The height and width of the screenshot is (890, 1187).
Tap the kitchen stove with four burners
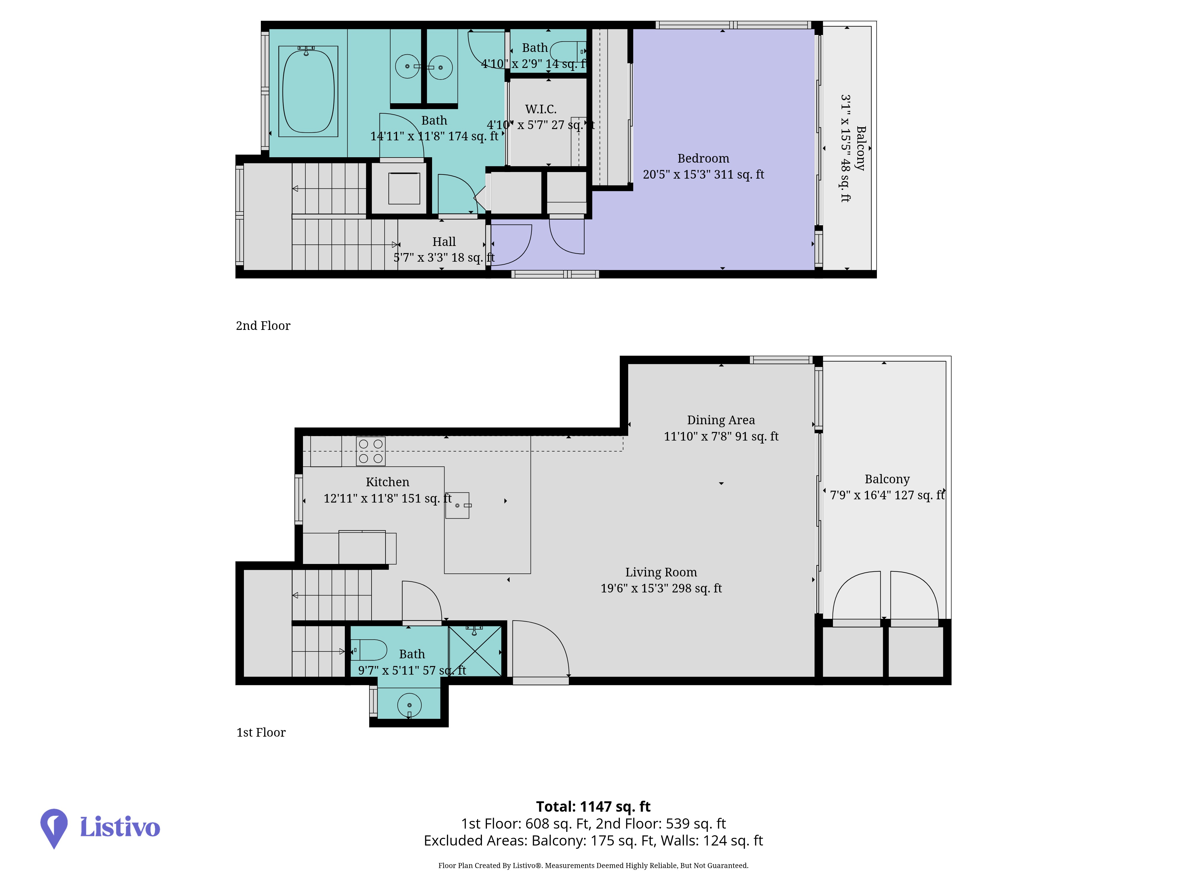tap(371, 451)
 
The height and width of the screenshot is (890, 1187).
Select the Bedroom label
tap(703, 158)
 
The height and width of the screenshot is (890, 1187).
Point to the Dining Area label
tap(721, 420)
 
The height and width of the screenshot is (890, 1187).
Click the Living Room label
tap(661, 572)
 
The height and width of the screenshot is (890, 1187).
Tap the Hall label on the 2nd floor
tap(444, 242)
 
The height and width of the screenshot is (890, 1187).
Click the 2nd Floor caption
tap(263, 326)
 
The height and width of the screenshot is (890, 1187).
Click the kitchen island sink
tap(457, 505)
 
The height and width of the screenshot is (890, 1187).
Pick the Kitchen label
tap(388, 482)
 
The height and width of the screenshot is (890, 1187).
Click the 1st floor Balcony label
tap(887, 479)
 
